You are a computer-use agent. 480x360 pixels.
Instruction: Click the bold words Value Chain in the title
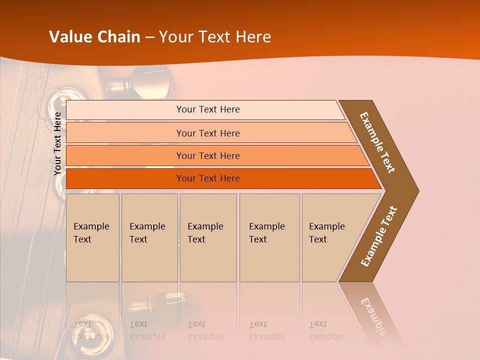94,37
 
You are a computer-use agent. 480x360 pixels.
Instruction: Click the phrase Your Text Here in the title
215,37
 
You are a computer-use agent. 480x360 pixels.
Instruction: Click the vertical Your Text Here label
58,143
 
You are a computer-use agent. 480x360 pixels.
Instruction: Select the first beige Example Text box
92,237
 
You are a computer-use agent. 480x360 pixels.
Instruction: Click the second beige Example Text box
149,237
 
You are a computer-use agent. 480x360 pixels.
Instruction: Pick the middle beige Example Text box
208,237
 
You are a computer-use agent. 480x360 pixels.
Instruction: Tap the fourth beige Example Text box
269,237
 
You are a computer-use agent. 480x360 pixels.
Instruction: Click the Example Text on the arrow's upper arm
377,142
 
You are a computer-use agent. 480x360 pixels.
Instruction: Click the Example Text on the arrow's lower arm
378,236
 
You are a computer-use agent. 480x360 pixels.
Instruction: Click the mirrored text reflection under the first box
92,330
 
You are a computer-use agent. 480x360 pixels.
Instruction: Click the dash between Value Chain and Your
149,37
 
